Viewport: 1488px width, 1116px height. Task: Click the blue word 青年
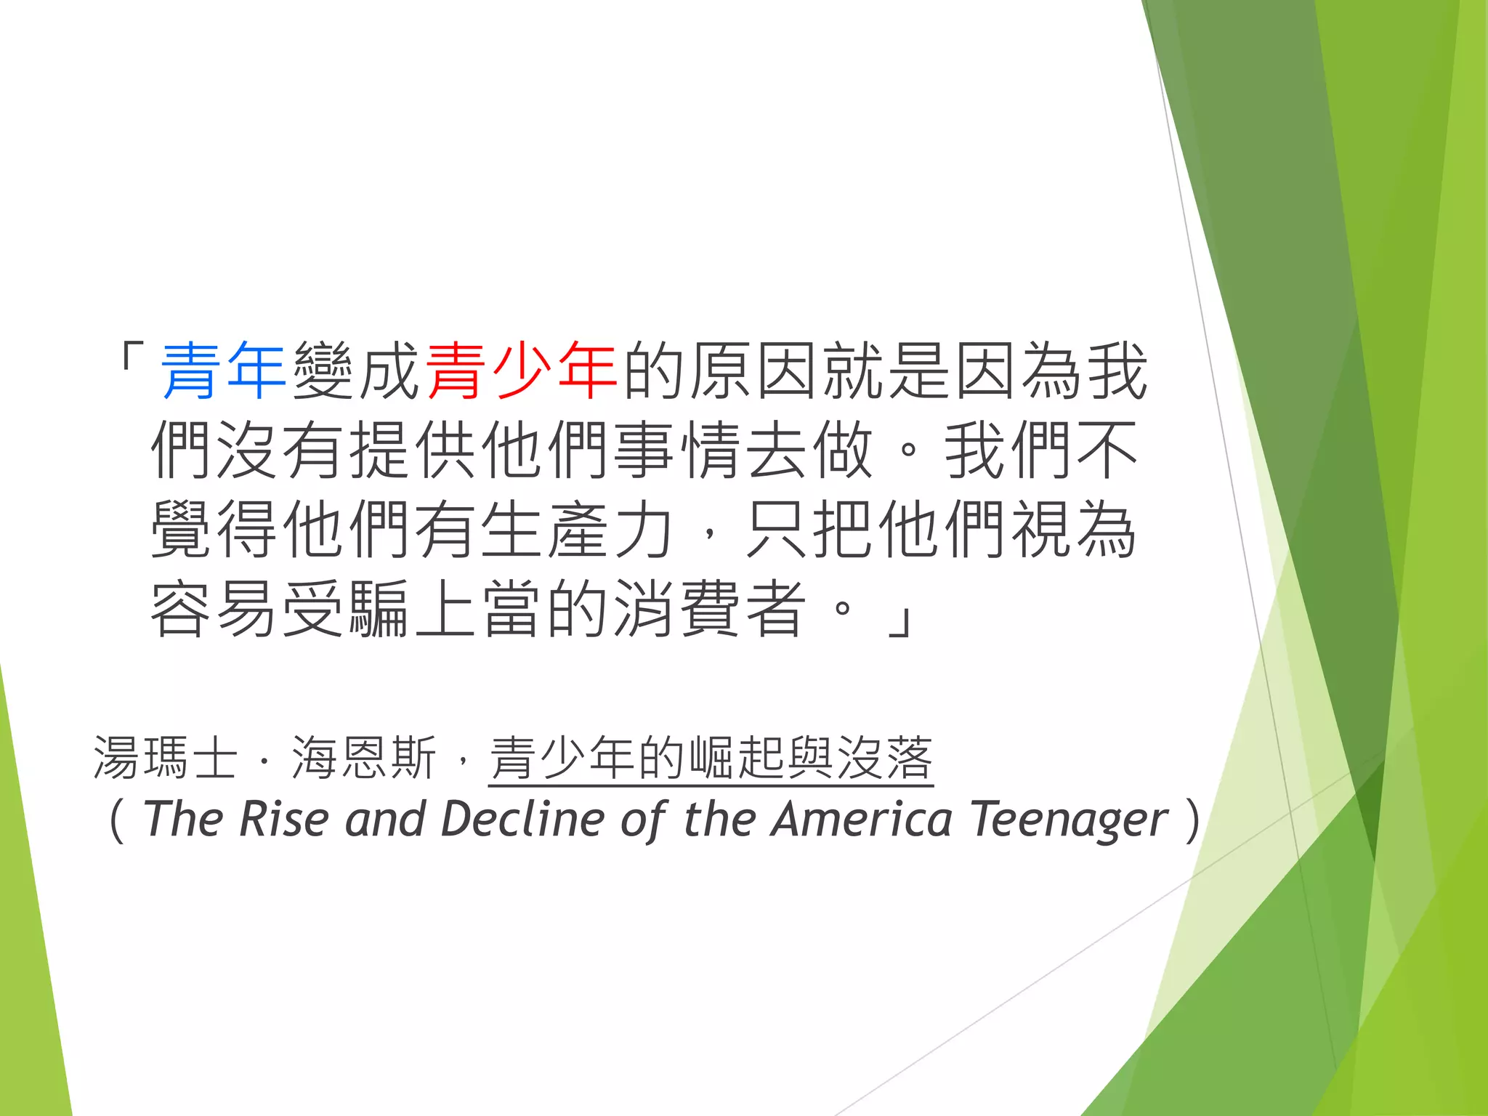(x=222, y=371)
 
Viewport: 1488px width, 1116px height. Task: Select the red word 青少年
(x=521, y=371)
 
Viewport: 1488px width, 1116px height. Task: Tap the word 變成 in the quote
(x=355, y=371)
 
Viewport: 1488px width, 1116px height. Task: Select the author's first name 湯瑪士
(x=166, y=758)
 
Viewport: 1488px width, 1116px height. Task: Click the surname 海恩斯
(x=363, y=758)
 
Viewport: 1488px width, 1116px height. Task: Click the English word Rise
(x=283, y=819)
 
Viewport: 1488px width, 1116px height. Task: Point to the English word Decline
(x=522, y=819)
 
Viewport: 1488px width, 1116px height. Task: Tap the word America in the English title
(x=862, y=819)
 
